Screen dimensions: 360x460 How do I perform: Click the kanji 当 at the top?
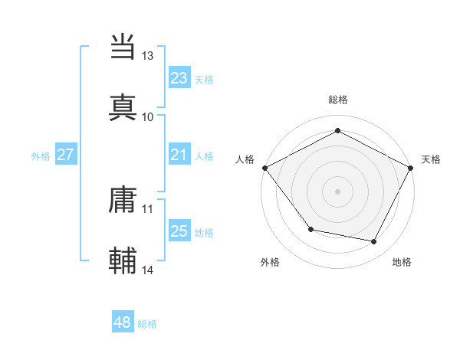coord(123,47)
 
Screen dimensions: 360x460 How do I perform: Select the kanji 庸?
coord(123,199)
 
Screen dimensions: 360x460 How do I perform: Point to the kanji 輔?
coord(123,260)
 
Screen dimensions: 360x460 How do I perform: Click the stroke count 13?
coord(148,56)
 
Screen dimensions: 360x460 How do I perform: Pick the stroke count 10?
coord(148,116)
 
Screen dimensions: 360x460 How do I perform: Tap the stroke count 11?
coord(148,208)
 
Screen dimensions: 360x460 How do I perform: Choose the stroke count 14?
coord(148,270)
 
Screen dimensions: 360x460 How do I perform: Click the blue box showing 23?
coord(179,77)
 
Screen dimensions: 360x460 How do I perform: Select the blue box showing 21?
coord(179,155)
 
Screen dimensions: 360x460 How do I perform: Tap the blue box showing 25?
coord(179,231)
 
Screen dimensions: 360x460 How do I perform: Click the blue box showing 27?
coord(65,155)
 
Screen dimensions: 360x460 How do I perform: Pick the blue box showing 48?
coord(123,323)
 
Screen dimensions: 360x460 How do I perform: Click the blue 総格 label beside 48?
coord(147,324)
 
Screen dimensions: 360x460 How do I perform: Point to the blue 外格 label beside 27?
coord(41,155)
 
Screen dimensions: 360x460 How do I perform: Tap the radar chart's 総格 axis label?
coord(337,100)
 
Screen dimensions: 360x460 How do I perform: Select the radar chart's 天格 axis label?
coord(431,159)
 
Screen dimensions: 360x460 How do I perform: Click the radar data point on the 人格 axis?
coord(264,167)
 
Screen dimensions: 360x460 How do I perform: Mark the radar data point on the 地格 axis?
coord(374,242)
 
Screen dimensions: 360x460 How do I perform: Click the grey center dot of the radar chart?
coord(337,191)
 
